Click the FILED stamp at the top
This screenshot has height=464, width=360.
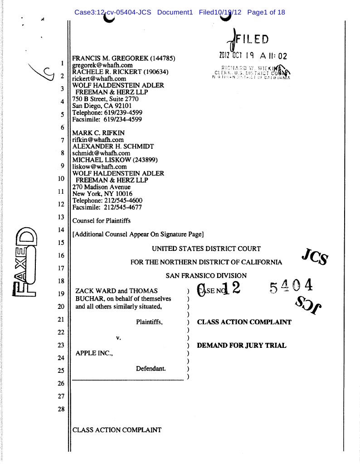tap(251, 39)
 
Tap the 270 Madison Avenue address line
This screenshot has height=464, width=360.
tap(102, 187)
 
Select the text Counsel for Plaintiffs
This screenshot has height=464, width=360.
tap(102, 220)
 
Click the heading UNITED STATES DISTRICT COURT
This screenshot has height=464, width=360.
tap(206, 249)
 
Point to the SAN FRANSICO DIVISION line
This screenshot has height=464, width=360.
tap(206, 275)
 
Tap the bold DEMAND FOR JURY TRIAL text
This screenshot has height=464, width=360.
tap(242, 346)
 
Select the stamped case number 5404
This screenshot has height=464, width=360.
tap(291, 287)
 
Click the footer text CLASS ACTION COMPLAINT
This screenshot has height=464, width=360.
tap(117, 430)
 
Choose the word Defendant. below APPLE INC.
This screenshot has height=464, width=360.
tap(151, 369)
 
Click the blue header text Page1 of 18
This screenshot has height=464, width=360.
tap(266, 12)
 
